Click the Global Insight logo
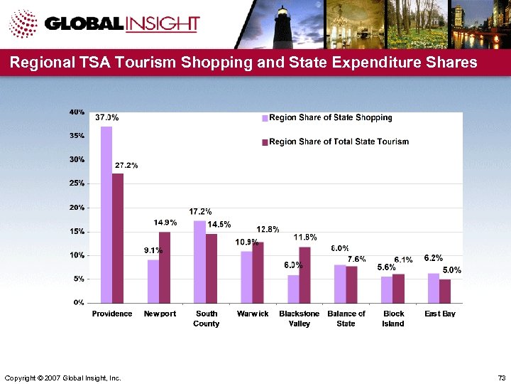coord(106,24)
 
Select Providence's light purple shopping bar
coord(106,213)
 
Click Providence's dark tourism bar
coord(118,238)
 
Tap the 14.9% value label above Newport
coord(165,223)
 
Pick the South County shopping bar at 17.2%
coord(199,261)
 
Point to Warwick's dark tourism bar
coord(258,272)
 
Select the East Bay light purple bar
coord(433,287)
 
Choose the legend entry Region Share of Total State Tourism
coord(335,142)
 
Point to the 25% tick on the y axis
coord(77,183)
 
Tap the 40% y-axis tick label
coord(77,112)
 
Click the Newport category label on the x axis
coord(160,314)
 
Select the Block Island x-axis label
coord(393,319)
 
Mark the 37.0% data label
coord(106,117)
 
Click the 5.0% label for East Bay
coord(452,270)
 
